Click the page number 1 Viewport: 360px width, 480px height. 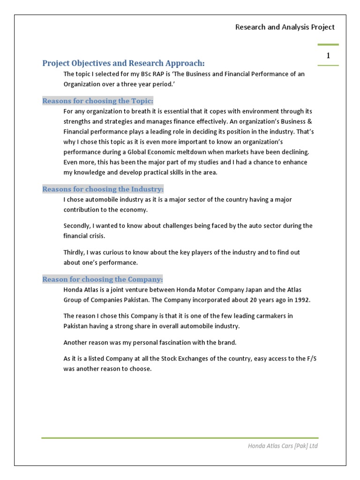(x=328, y=55)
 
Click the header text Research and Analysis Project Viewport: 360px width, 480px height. (x=285, y=27)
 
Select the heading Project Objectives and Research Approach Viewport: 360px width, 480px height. (x=124, y=63)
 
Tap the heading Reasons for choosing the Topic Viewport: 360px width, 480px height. (x=98, y=101)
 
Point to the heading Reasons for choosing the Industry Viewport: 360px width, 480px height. (x=103, y=189)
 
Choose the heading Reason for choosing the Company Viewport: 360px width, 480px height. (x=103, y=279)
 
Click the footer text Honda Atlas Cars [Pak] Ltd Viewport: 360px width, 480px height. (x=283, y=446)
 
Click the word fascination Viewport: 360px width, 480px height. (x=175, y=342)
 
